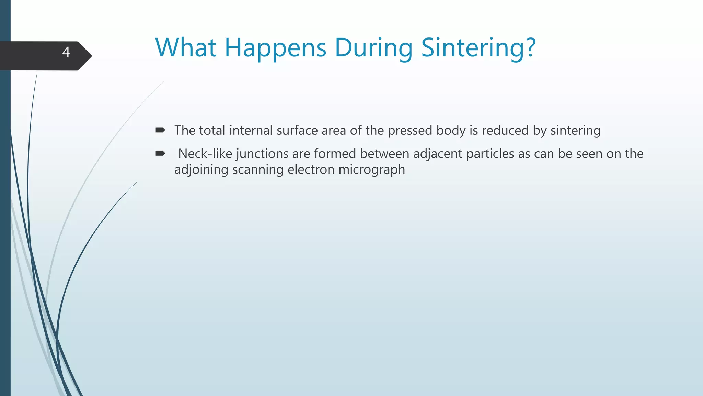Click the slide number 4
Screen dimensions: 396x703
tap(66, 52)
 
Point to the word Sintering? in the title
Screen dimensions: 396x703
tap(478, 48)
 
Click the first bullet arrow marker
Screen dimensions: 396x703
tap(160, 130)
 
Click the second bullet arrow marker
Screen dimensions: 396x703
tap(160, 153)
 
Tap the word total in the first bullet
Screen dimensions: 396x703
tap(212, 131)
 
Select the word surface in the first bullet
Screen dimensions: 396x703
tap(297, 131)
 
